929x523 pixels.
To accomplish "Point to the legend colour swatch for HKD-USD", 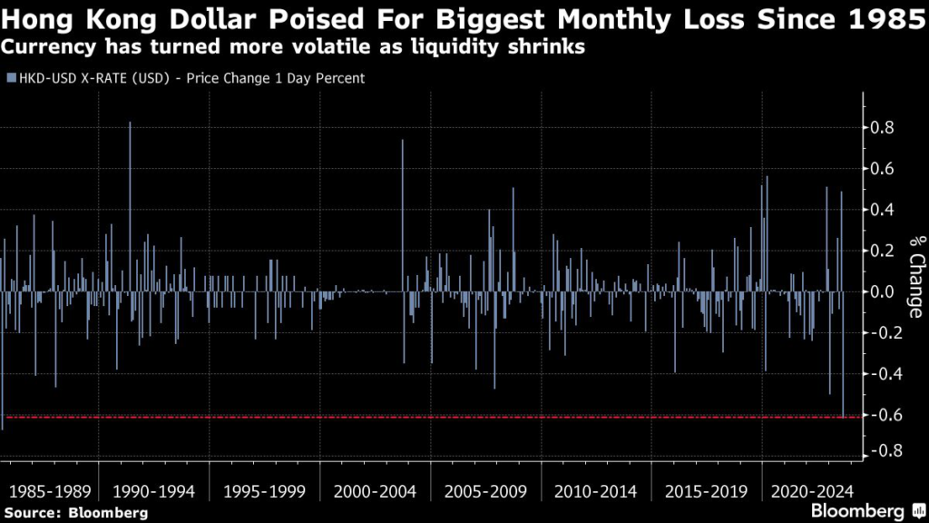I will [x=10, y=78].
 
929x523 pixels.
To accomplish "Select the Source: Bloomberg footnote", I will [x=76, y=513].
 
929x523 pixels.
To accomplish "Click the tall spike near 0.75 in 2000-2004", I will [x=403, y=145].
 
